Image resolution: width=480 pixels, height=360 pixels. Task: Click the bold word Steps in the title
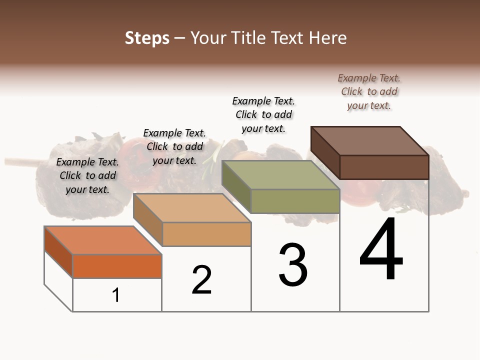tap(147, 38)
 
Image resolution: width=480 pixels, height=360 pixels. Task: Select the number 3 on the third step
tap(293, 265)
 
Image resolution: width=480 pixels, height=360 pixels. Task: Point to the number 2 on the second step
tap(201, 280)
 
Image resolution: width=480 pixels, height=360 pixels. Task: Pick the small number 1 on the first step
tap(116, 295)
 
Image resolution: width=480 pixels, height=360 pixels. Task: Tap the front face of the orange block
tap(117, 266)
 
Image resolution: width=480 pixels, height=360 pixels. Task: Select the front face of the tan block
tap(206, 234)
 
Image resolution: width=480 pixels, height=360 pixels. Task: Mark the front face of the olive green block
tap(295, 201)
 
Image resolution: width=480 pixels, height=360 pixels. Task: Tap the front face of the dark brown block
tap(384, 167)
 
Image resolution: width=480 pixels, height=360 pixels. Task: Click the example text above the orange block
tap(87, 175)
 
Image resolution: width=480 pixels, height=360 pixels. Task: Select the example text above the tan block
tap(174, 146)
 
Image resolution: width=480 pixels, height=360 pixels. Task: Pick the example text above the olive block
tap(263, 114)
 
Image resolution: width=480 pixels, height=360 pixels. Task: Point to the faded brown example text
tap(369, 91)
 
